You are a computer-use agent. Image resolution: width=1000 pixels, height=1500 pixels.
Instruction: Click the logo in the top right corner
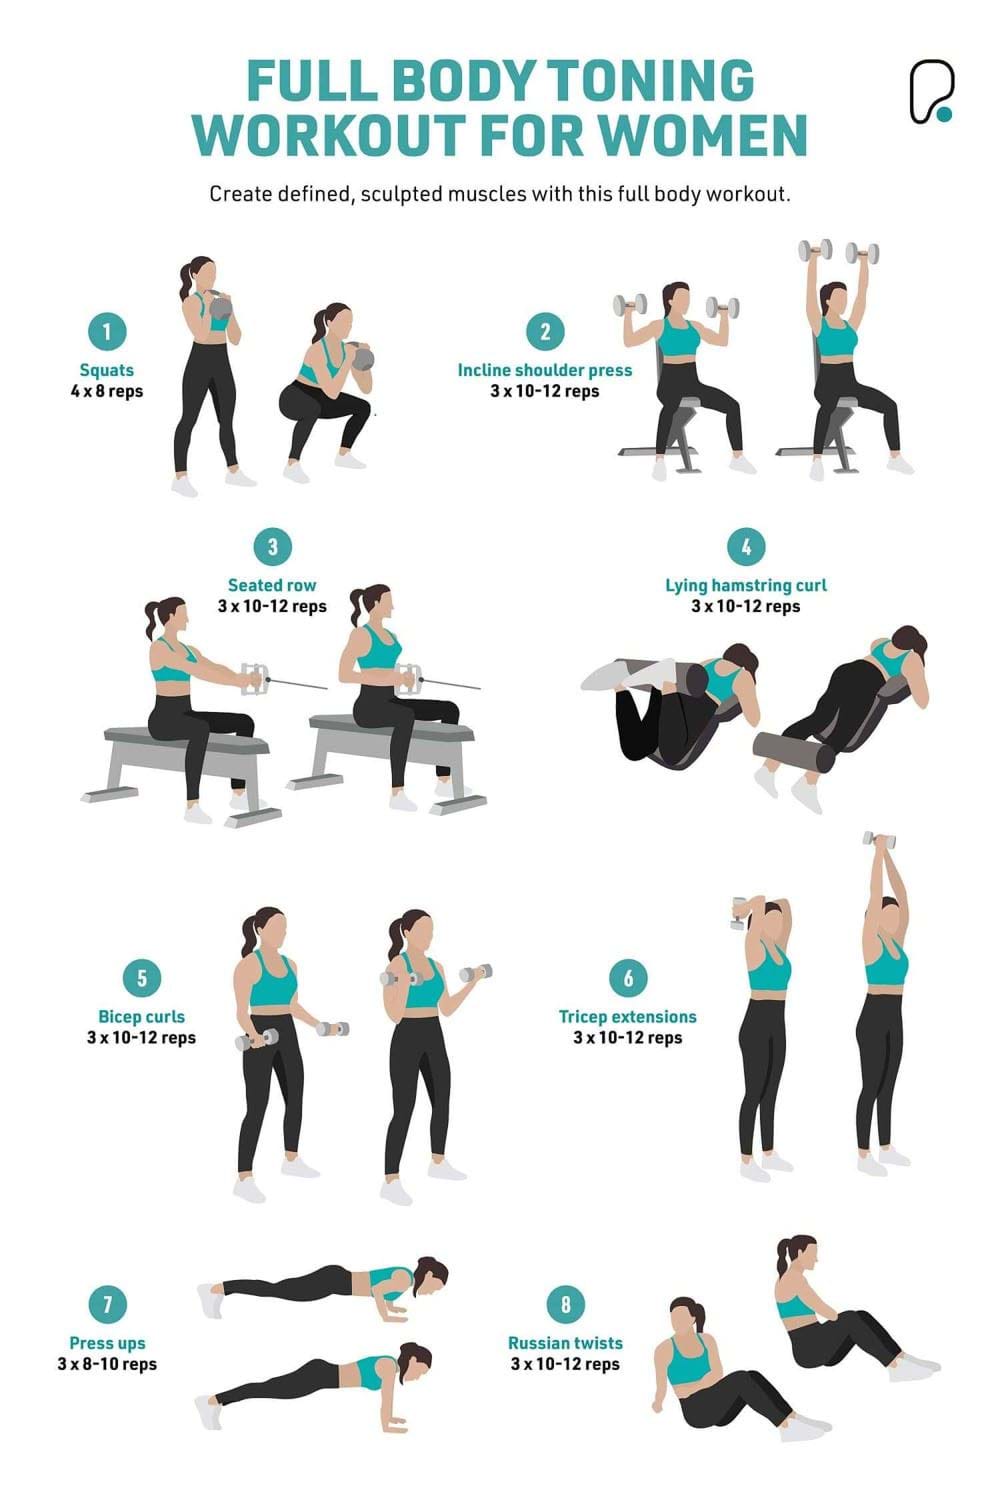point(930,93)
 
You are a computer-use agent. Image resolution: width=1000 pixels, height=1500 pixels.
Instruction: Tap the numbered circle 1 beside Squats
point(107,332)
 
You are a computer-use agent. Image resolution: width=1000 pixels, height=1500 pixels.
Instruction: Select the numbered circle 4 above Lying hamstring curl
point(746,547)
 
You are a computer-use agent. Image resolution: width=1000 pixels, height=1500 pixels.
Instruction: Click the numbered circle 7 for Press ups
point(107,1304)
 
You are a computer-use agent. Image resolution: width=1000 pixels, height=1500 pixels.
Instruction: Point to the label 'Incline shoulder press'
point(545,370)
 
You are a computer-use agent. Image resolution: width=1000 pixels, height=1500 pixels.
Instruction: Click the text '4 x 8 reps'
point(107,391)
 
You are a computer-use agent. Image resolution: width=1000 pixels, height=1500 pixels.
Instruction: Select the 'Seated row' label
point(272,585)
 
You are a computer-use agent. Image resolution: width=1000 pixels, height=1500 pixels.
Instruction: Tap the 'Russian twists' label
point(565,1343)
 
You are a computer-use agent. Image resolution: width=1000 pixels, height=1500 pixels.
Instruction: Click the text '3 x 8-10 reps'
point(107,1364)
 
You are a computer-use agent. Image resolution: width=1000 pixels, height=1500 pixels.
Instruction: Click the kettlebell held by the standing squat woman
point(219,306)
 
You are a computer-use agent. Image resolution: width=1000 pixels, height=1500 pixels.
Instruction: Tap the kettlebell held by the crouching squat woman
point(362,357)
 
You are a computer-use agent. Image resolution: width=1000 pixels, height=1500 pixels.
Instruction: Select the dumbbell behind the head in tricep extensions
point(741,911)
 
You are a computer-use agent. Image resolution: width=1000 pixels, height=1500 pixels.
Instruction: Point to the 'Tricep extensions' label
point(627,1017)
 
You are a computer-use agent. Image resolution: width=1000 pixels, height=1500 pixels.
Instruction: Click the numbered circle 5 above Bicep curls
point(142,978)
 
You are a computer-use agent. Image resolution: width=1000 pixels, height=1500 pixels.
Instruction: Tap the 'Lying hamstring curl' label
point(746,585)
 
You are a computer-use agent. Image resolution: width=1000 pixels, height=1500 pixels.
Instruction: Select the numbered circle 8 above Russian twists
point(565,1304)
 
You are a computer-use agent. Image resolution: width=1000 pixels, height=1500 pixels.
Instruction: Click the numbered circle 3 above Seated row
point(272,547)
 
